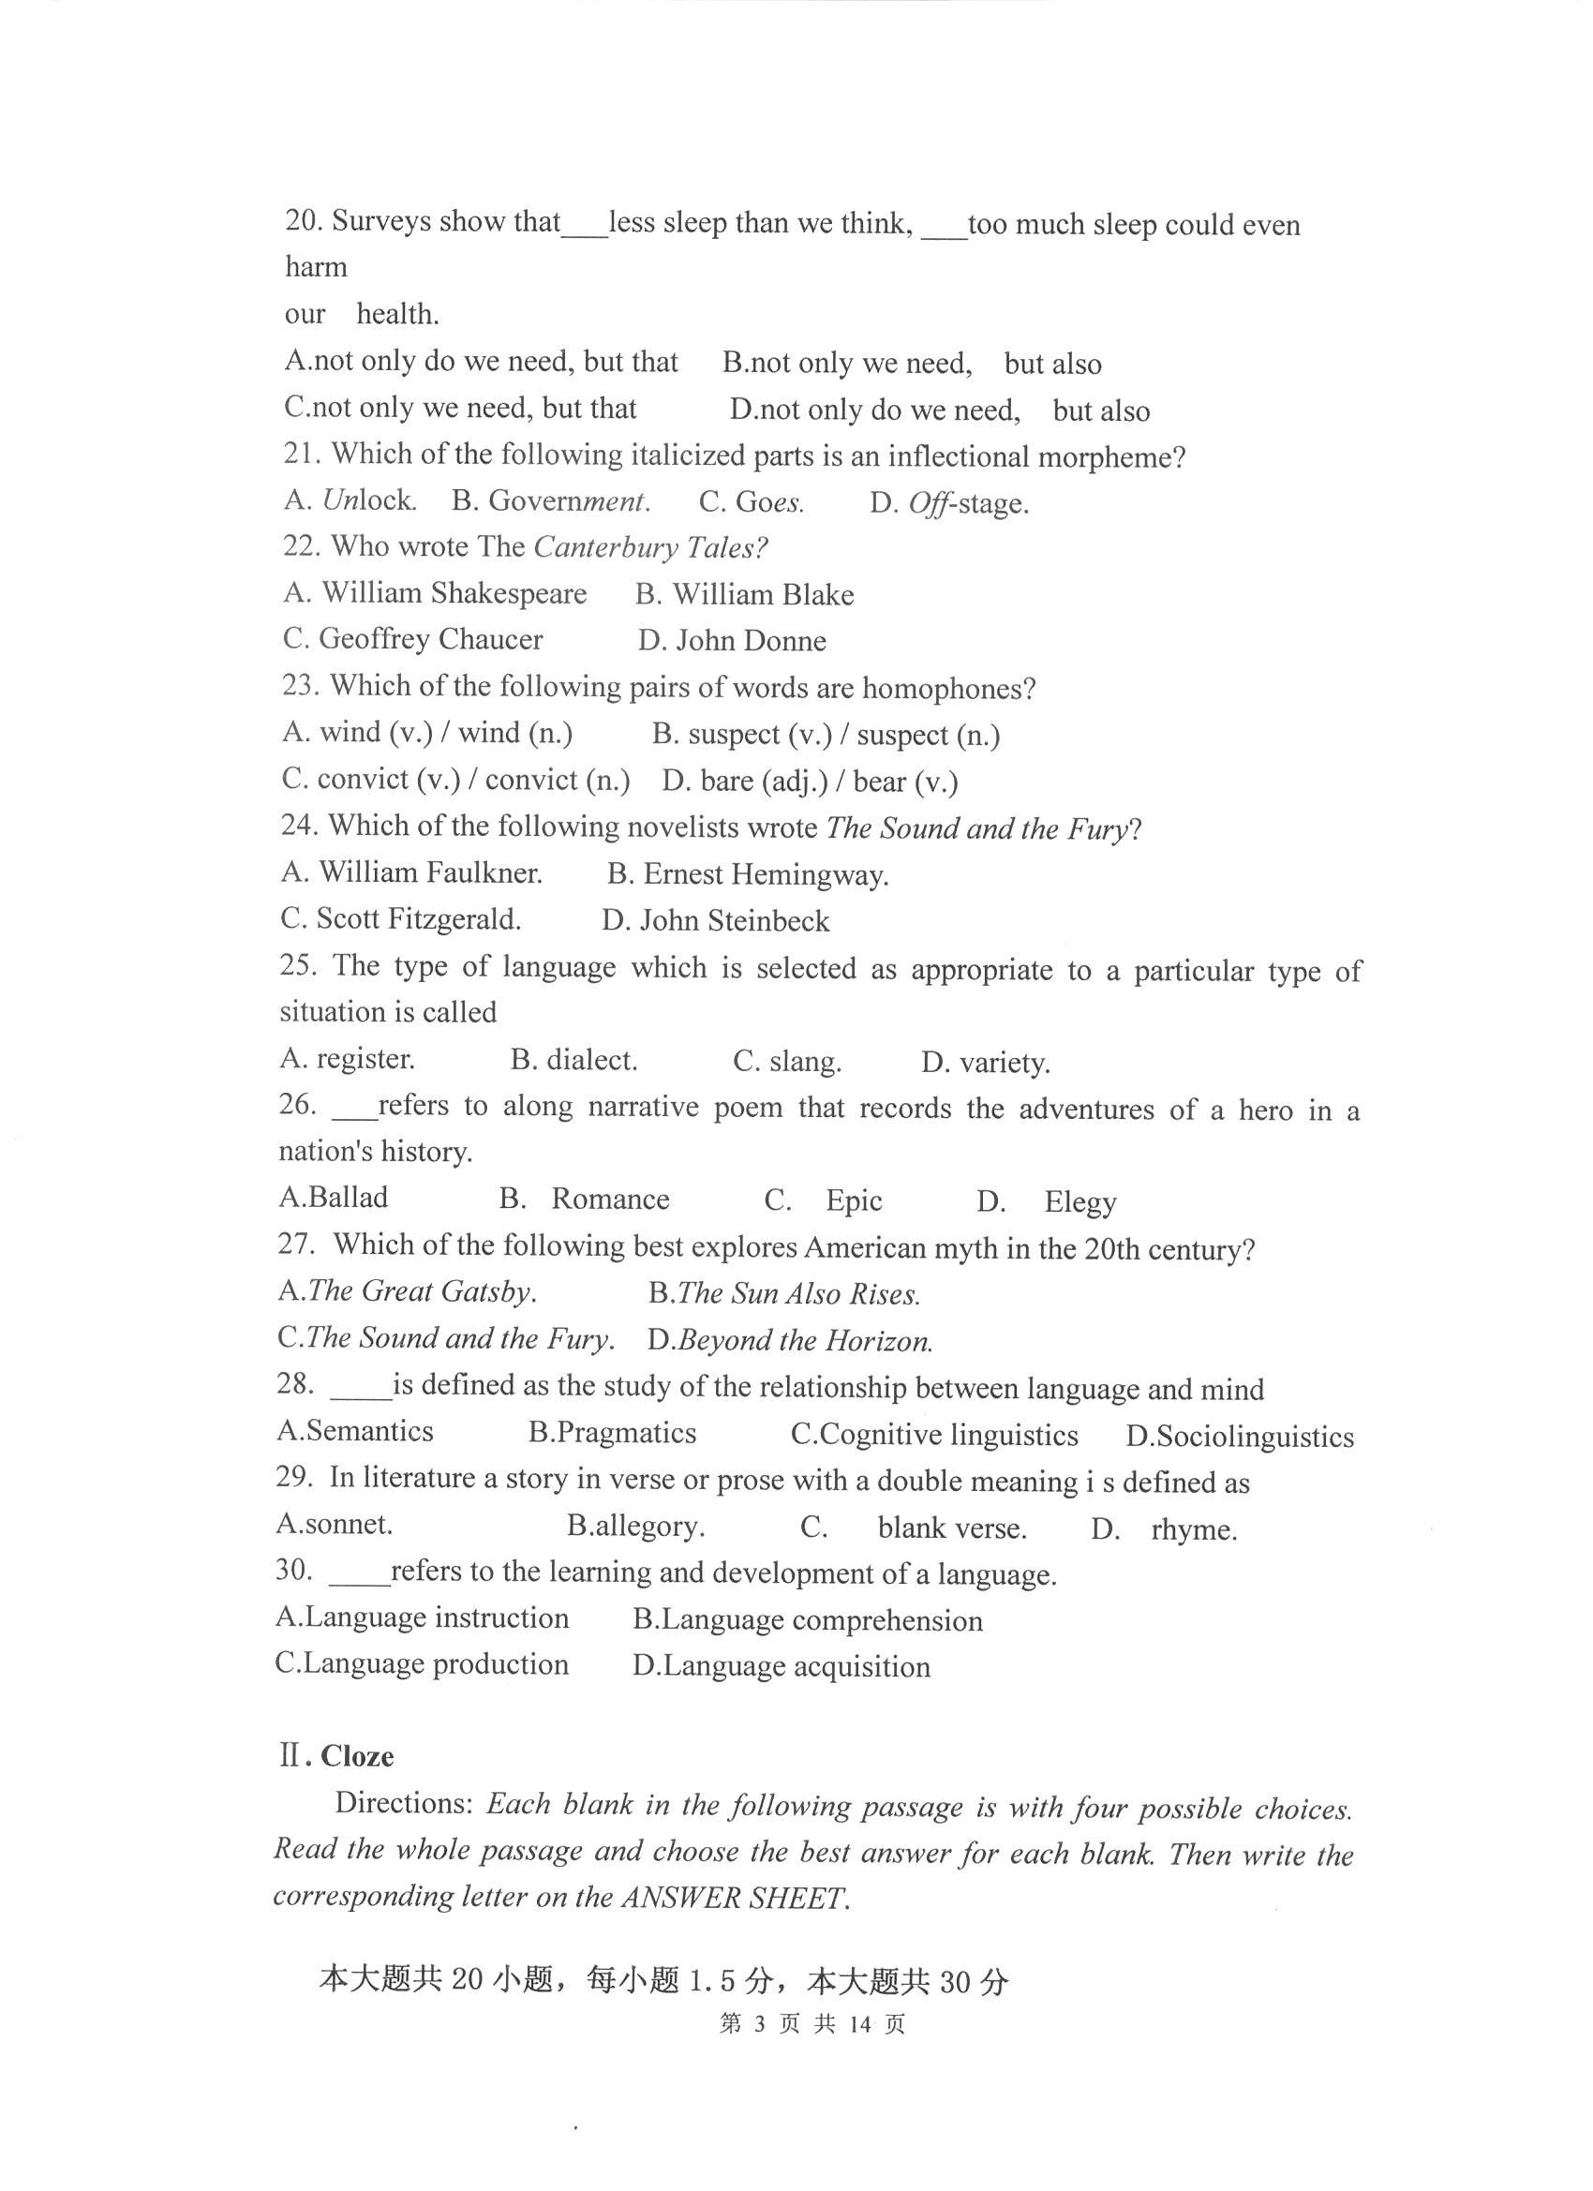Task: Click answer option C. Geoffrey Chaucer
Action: click(x=412, y=639)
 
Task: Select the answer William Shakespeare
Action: click(x=435, y=593)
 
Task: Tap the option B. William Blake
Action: click(x=744, y=594)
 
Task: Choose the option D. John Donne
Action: click(x=731, y=640)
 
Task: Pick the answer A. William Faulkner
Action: click(x=411, y=873)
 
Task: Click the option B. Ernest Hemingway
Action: click(x=748, y=875)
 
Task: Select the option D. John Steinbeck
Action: click(x=715, y=920)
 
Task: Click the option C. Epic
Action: click(x=823, y=1200)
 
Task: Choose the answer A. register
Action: click(x=347, y=1059)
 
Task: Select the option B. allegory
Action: click(x=635, y=1527)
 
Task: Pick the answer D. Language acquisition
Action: click(x=782, y=1666)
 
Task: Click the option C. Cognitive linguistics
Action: click(x=934, y=1435)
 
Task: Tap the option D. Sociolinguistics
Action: click(x=1240, y=1437)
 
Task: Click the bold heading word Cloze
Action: click(x=356, y=1755)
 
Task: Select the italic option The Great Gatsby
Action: click(x=407, y=1291)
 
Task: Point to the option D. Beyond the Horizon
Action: click(x=789, y=1341)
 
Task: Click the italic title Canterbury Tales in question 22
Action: click(x=649, y=547)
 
